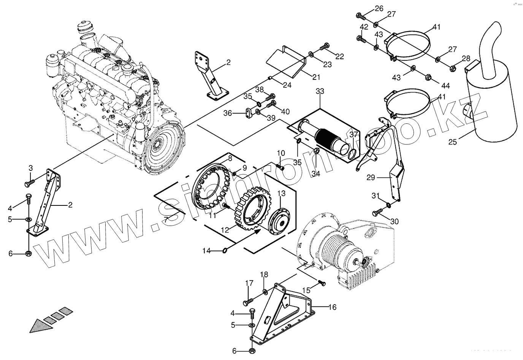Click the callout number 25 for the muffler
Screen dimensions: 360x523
(x=452, y=142)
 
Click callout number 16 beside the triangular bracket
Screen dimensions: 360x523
(x=332, y=307)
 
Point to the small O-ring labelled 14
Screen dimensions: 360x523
(x=225, y=250)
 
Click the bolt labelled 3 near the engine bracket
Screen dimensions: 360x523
(x=29, y=184)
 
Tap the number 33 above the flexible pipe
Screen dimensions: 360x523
(x=320, y=91)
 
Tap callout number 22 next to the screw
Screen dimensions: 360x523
(x=339, y=57)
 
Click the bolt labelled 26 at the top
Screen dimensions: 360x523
(x=359, y=16)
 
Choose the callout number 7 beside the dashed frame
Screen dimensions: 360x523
(x=166, y=219)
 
